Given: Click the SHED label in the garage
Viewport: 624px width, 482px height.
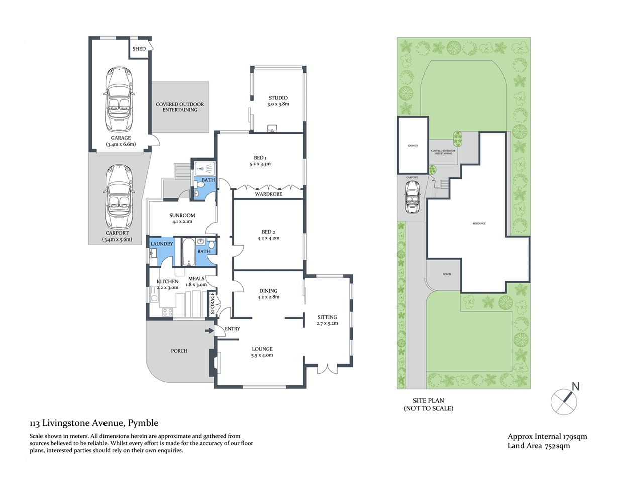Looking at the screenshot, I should click(x=139, y=49).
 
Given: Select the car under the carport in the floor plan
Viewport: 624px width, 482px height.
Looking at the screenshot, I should click(x=118, y=197).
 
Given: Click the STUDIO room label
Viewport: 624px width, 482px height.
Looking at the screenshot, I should click(x=278, y=98).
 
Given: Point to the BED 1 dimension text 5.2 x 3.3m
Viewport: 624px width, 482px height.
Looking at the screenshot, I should click(x=260, y=164).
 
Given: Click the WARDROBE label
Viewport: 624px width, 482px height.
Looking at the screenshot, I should click(x=268, y=194).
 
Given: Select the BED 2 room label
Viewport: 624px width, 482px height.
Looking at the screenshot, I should click(x=269, y=232).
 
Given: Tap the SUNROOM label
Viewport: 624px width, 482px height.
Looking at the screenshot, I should click(x=181, y=215).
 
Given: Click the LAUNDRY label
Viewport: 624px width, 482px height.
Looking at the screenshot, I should click(x=162, y=244).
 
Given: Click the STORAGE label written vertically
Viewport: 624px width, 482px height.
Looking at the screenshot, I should click(x=213, y=304).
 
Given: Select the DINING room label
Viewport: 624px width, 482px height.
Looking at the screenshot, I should click(x=268, y=291).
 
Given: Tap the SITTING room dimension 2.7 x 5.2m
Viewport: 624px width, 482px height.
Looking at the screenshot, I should click(x=327, y=324).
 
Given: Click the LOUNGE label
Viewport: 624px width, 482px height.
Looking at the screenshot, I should click(x=262, y=349).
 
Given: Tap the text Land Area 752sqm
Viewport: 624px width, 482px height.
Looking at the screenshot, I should click(x=539, y=446).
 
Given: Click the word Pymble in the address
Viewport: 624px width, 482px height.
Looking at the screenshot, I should click(x=144, y=423).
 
